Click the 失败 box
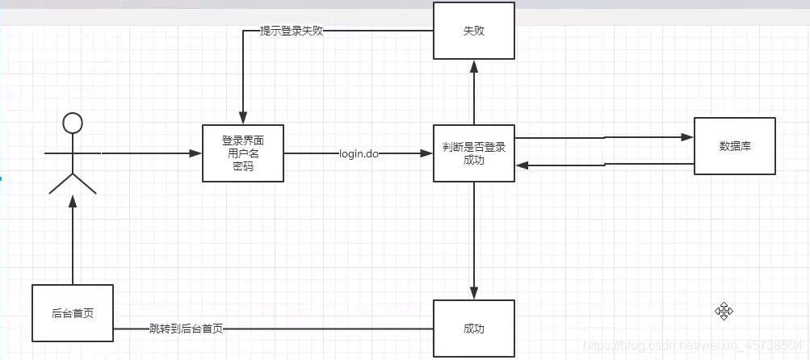(x=473, y=31)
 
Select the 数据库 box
(x=734, y=146)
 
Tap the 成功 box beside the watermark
(x=473, y=329)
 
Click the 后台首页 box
(x=73, y=312)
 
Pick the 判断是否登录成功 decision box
(x=473, y=153)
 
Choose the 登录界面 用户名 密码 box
(x=242, y=153)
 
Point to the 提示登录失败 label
(x=292, y=31)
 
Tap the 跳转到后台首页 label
(x=186, y=329)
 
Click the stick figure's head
(x=73, y=123)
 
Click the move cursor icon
(x=723, y=311)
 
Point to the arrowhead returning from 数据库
(x=522, y=165)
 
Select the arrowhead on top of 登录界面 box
(x=240, y=119)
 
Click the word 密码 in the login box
(x=242, y=165)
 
